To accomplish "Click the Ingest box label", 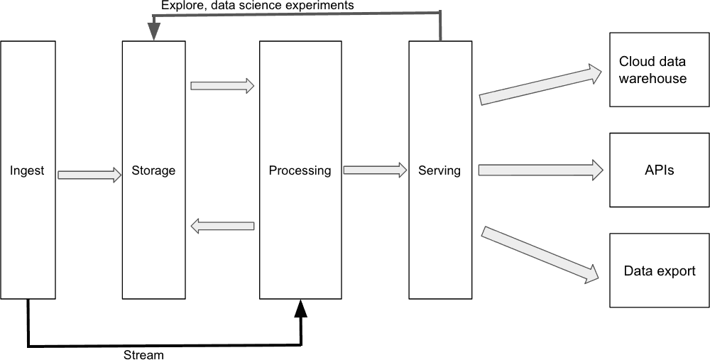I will point(27,170).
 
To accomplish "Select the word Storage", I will point(153,170).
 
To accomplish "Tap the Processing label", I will point(300,170).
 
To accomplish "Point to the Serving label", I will point(439,170).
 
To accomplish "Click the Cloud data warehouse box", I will point(659,70).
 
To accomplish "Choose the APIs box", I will point(659,170).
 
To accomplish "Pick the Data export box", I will point(659,271).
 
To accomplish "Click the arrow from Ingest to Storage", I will point(89,174).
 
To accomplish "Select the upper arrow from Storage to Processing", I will point(222,86).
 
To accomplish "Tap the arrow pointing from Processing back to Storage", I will point(222,226).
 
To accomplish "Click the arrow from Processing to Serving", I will point(375,170).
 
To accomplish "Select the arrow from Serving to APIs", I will point(540,170).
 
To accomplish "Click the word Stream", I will point(144,354).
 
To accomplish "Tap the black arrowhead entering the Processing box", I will point(301,307).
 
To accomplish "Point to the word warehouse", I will point(652,78).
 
